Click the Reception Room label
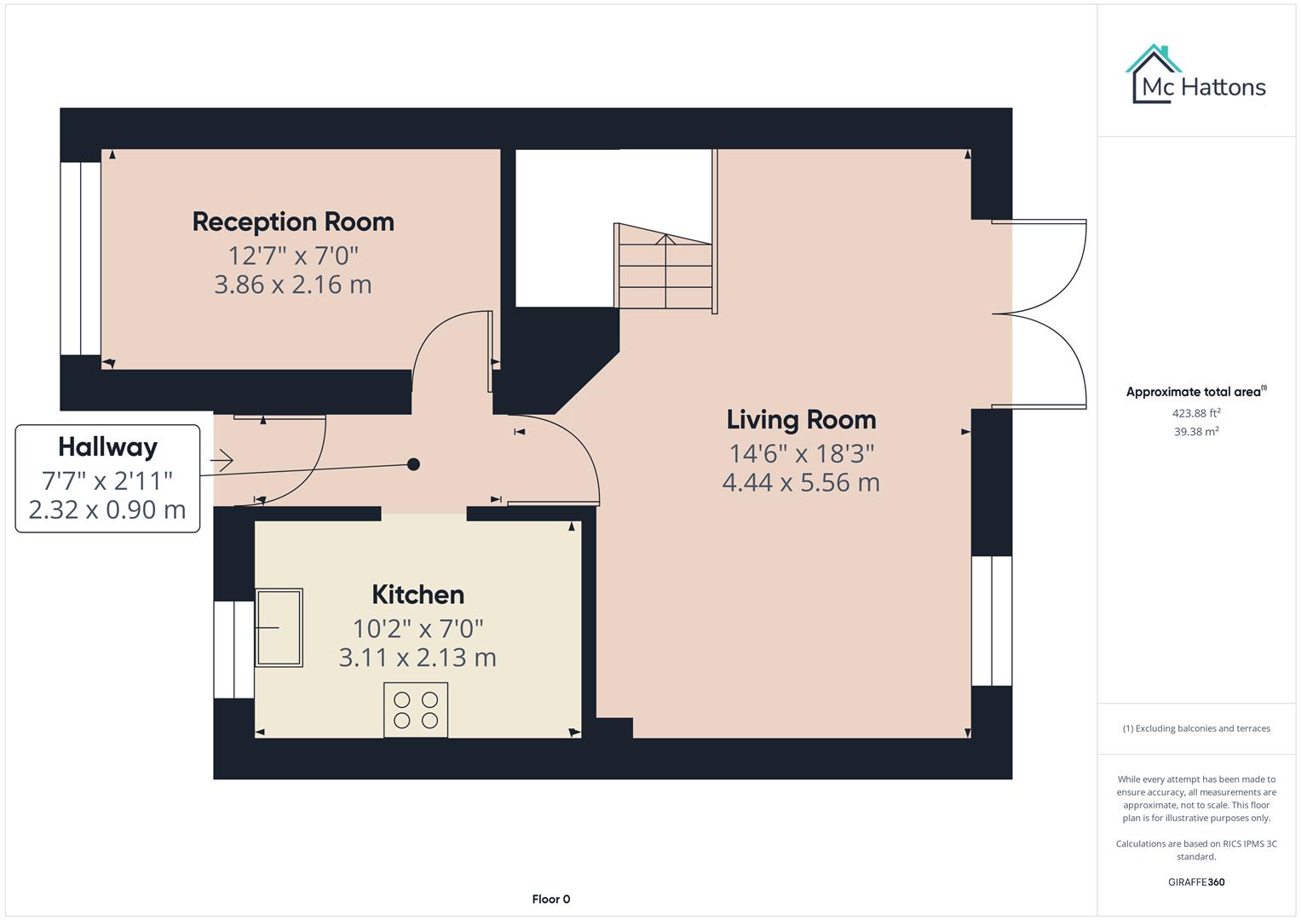pos(293,221)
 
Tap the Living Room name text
pos(801,419)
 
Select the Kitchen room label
pos(417,595)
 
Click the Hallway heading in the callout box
pos(107,447)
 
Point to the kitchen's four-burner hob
pos(416,710)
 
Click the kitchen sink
pos(279,627)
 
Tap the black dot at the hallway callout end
pos(413,464)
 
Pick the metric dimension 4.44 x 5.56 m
pos(801,483)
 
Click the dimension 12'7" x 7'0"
pos(293,256)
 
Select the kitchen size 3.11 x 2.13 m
pos(417,658)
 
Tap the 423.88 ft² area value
pos(1196,413)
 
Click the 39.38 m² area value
pos(1196,432)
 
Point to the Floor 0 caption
pos(550,899)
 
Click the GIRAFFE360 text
pos(1196,882)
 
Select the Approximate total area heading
pos(1195,392)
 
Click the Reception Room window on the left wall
pos(81,258)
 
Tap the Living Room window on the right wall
pos(992,621)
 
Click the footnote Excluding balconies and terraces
pos(1196,728)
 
